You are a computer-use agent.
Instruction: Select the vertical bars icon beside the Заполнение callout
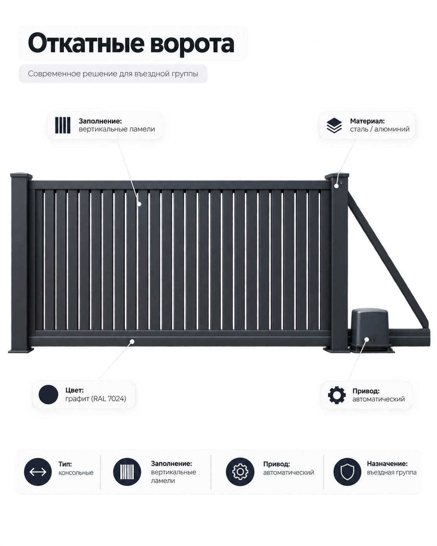click(x=63, y=125)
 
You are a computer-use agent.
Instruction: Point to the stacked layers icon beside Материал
click(x=334, y=125)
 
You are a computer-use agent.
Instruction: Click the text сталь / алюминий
click(x=380, y=129)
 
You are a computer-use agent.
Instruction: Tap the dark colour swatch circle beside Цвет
click(x=48, y=395)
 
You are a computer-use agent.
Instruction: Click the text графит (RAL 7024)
click(x=96, y=399)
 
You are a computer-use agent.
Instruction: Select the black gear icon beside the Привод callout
click(x=337, y=395)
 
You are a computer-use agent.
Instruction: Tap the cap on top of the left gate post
click(x=21, y=175)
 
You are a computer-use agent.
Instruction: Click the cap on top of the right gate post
click(x=337, y=175)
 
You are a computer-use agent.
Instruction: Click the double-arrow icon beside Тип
click(x=38, y=472)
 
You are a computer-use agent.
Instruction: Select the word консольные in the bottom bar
click(x=76, y=473)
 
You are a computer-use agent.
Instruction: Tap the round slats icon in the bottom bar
click(x=127, y=472)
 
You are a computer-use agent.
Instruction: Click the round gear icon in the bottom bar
click(x=240, y=472)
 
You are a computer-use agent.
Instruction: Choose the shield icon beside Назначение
click(x=347, y=472)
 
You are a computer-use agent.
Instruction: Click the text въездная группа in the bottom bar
click(x=391, y=472)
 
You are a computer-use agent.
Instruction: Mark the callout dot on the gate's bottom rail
click(x=132, y=341)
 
